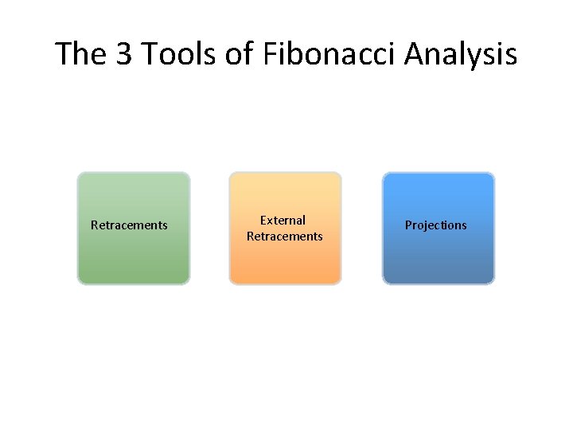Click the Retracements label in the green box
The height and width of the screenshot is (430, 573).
click(129, 225)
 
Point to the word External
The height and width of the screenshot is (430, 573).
click(283, 220)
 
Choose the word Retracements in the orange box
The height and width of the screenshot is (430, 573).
click(285, 236)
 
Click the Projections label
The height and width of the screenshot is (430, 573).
click(435, 225)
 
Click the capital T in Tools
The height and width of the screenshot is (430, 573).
click(154, 55)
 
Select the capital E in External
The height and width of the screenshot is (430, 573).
click(264, 220)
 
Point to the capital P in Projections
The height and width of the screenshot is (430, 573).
click(409, 225)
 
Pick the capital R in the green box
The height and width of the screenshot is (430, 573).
click(95, 225)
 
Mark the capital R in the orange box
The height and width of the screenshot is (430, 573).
click(250, 236)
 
